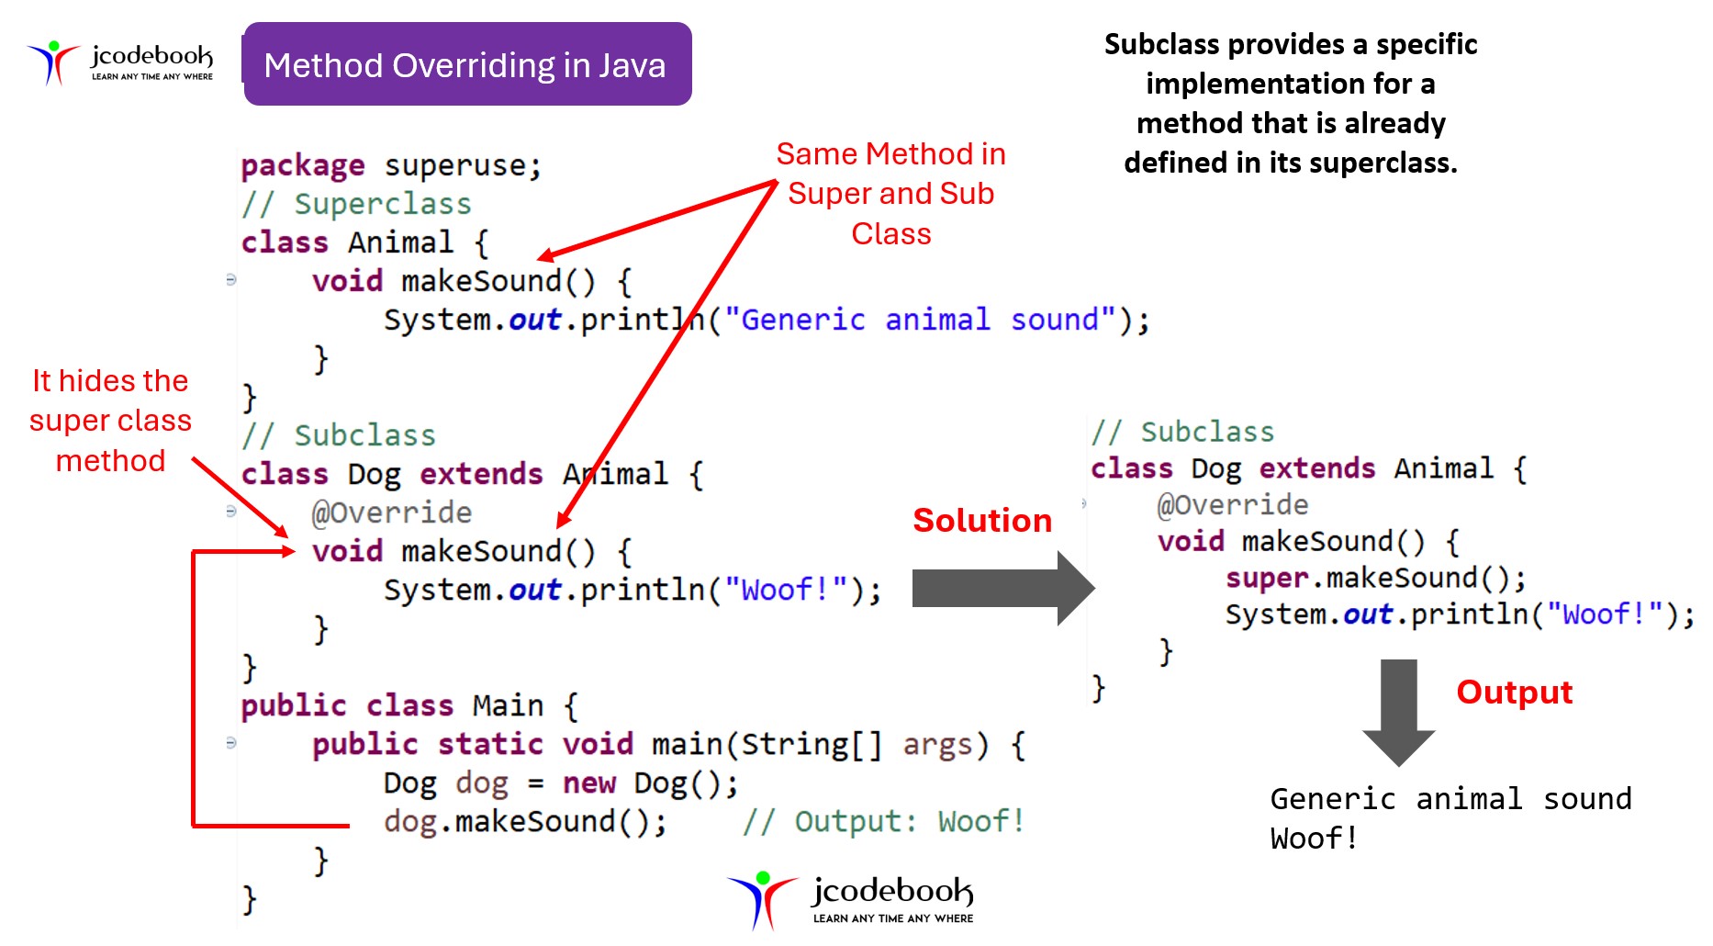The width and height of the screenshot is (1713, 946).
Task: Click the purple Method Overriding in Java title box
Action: (467, 64)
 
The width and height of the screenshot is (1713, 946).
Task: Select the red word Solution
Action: (981, 521)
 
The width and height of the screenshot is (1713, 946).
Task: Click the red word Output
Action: (1514, 692)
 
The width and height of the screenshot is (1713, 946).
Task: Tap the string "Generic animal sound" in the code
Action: (919, 320)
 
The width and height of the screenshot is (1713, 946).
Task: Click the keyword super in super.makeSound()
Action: (1266, 578)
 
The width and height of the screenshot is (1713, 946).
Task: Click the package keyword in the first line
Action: (302, 165)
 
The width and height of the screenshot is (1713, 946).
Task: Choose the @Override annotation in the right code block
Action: (1232, 504)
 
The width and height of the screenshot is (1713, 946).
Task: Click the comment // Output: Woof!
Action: (882, 821)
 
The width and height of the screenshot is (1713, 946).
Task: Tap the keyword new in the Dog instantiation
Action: (588, 783)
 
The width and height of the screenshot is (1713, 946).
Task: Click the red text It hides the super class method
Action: (110, 421)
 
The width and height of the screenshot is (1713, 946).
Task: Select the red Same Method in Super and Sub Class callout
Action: (890, 193)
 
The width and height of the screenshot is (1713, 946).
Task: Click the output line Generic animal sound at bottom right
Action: (1450, 799)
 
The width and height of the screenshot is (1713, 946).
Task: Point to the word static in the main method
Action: (490, 744)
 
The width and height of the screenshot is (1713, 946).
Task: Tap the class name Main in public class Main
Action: (508, 705)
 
